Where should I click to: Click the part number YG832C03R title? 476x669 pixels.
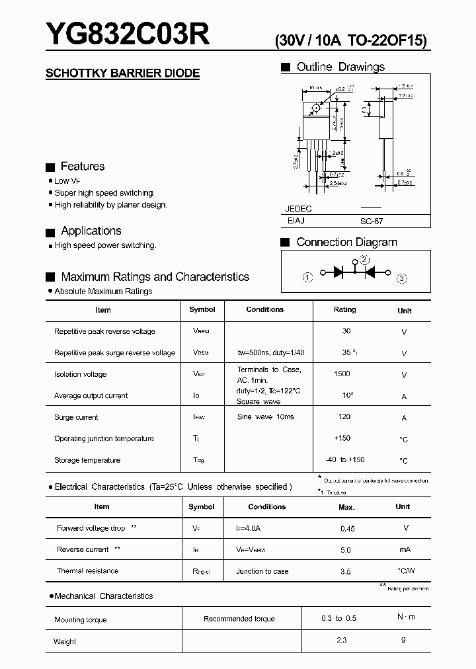(128, 34)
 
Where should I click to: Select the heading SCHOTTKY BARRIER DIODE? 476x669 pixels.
(122, 73)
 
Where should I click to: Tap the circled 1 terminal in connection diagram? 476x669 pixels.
(307, 278)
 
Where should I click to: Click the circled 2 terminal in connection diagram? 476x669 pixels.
(364, 260)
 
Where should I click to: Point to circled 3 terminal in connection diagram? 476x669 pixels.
(402, 278)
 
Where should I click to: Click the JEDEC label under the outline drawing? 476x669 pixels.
(298, 208)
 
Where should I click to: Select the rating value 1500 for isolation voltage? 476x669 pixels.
(342, 374)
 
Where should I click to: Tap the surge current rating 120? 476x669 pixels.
(344, 417)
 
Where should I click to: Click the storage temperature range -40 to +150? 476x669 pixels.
(344, 459)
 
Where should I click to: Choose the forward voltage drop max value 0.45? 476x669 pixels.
(347, 528)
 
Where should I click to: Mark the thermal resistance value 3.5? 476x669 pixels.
(345, 571)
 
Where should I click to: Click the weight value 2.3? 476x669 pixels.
(340, 640)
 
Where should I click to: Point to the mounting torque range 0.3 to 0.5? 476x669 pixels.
(340, 618)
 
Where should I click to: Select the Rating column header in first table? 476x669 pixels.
(344, 309)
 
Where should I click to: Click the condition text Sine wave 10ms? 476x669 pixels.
(265, 417)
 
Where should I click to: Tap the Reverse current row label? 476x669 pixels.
(83, 549)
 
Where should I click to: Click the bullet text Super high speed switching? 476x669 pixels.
(104, 193)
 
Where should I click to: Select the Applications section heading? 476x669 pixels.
(91, 231)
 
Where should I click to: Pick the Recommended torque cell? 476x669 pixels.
(239, 619)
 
